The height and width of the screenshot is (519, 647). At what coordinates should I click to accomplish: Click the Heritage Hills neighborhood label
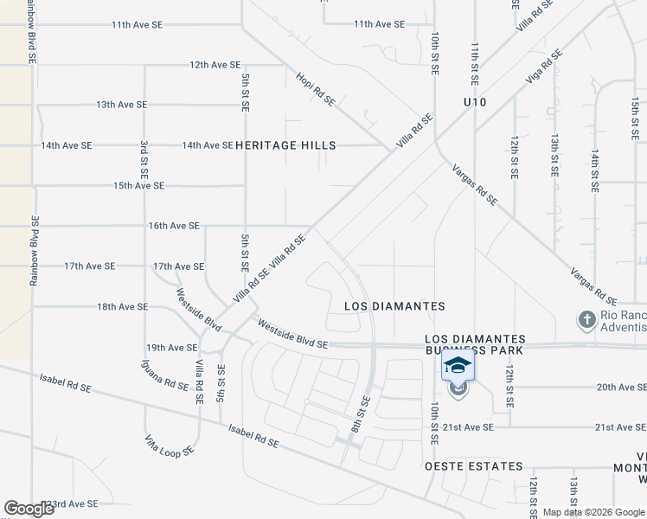click(x=285, y=145)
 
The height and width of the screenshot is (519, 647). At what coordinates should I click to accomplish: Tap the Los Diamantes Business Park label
click(x=475, y=344)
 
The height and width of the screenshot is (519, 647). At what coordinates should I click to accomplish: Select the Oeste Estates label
click(x=473, y=466)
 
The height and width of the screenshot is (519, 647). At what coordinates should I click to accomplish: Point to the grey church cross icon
click(x=586, y=319)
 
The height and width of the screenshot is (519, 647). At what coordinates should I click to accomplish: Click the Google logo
click(x=29, y=509)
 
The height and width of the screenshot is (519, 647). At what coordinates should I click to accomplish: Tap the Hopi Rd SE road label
click(x=317, y=88)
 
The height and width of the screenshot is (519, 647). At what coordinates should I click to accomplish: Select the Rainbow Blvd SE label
click(x=35, y=251)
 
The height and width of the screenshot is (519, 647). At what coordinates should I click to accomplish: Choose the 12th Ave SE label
click(x=215, y=65)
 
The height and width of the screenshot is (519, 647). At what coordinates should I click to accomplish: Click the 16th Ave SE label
click(x=174, y=226)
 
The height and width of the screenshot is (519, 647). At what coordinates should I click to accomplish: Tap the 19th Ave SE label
click(x=172, y=348)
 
